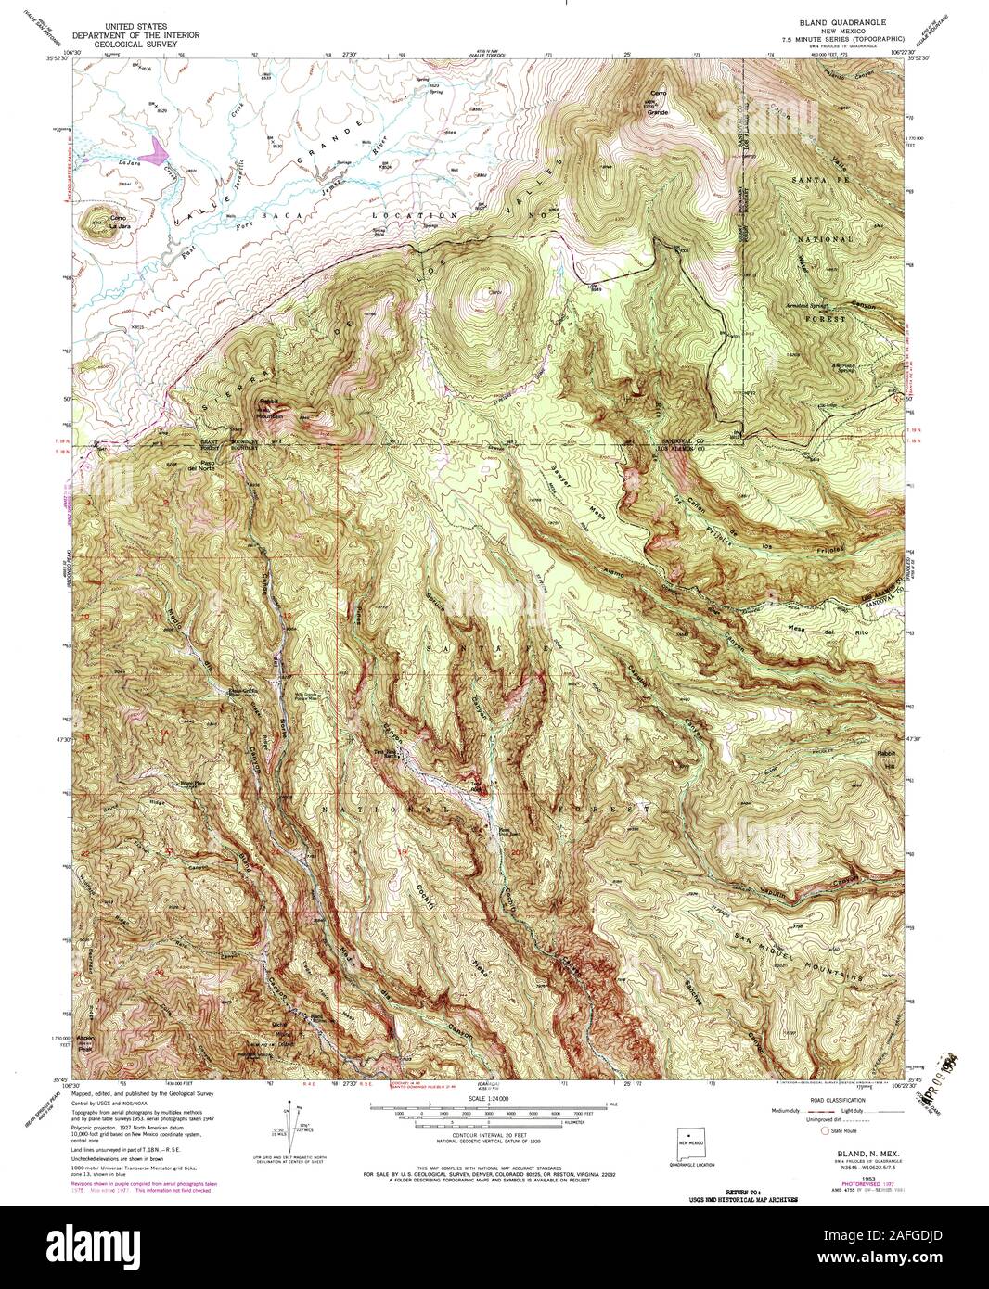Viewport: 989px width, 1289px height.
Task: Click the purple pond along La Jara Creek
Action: (x=156, y=148)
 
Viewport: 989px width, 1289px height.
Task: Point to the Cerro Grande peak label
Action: (x=658, y=108)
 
